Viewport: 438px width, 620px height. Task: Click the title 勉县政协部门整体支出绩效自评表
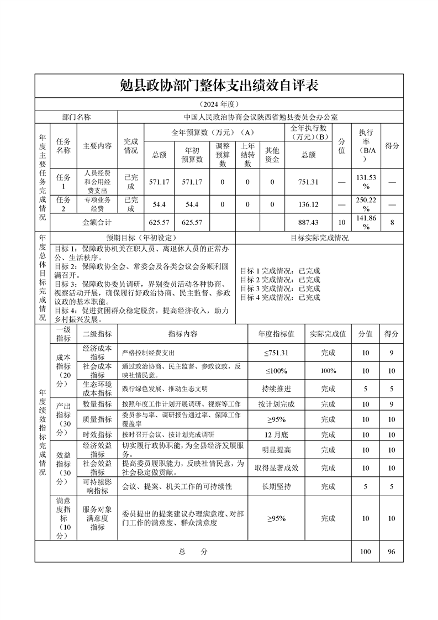click(x=219, y=86)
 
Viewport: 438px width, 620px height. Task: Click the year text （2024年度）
click(x=219, y=104)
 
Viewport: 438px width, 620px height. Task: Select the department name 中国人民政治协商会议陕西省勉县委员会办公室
click(x=260, y=117)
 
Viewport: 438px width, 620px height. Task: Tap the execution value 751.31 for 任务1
click(x=309, y=181)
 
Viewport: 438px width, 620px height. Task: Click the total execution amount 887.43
click(x=309, y=222)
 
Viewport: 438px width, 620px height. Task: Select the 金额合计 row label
click(x=97, y=222)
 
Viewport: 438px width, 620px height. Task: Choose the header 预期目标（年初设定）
click(x=142, y=238)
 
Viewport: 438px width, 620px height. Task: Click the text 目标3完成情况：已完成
click(x=280, y=288)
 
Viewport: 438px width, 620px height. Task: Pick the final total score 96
click(x=391, y=551)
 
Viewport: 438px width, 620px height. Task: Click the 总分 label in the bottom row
click(x=193, y=551)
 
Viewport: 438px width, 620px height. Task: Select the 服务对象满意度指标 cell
click(x=97, y=518)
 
